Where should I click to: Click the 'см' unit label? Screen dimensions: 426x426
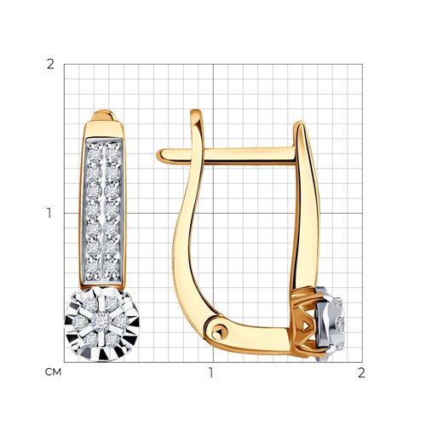(53, 371)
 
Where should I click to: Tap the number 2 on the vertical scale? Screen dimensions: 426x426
(50, 65)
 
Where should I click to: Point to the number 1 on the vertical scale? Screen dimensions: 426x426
(49, 213)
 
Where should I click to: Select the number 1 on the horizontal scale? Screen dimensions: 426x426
(210, 372)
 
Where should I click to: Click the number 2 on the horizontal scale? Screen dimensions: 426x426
(361, 372)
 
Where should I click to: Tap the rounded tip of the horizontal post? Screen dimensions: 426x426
(159, 156)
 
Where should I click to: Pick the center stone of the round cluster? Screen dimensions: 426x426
(102, 322)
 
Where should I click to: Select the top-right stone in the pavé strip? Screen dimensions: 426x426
(113, 153)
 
